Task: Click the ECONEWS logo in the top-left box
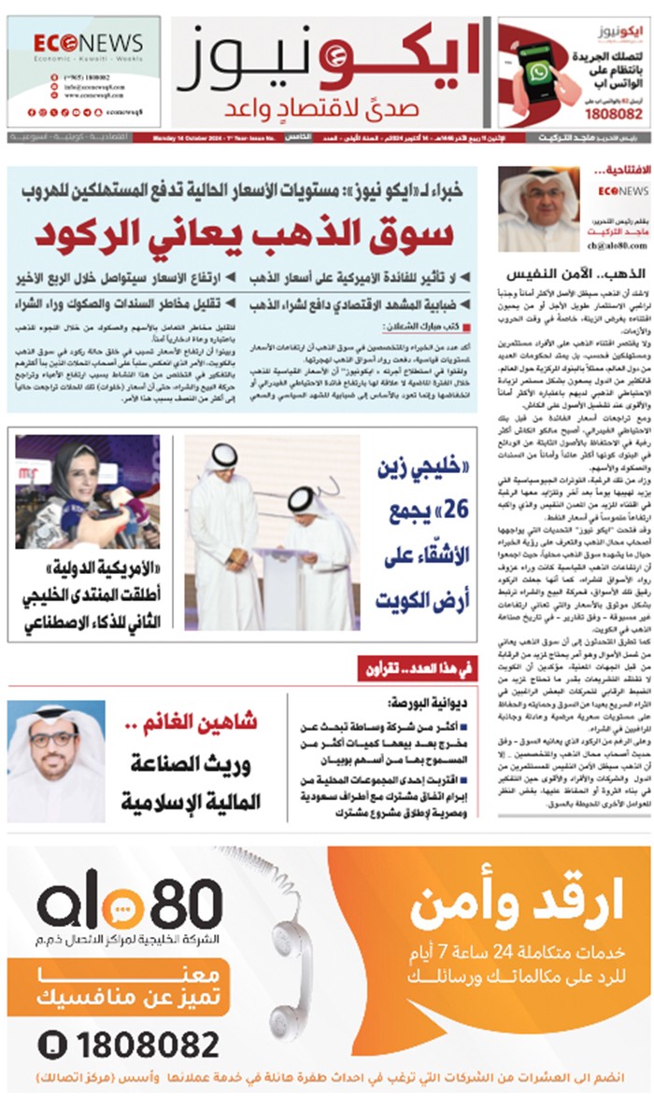(89, 45)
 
